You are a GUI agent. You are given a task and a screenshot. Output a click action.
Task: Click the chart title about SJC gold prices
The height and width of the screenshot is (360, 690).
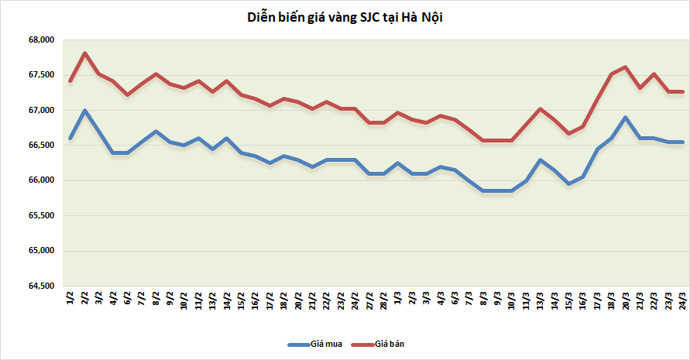coord(344,17)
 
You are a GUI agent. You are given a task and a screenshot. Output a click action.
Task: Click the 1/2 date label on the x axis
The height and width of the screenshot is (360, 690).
coord(71,299)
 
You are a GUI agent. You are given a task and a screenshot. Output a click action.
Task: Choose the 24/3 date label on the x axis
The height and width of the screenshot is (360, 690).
coord(681,299)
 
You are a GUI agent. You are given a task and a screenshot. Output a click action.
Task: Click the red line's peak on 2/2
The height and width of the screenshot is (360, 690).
coord(84,53)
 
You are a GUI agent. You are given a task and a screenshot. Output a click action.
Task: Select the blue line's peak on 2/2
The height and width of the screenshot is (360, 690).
coord(84,111)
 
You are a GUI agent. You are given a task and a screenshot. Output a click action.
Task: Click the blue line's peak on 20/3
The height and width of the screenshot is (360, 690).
coord(626,118)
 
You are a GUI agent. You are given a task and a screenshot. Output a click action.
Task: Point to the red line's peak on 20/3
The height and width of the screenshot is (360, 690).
coord(626,67)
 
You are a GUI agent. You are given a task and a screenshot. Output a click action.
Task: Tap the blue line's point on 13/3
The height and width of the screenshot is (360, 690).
coord(541,160)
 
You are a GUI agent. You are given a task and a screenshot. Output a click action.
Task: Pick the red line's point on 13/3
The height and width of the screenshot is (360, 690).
coord(541,109)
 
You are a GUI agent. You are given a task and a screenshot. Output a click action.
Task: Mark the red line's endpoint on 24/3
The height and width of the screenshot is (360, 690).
coord(682,92)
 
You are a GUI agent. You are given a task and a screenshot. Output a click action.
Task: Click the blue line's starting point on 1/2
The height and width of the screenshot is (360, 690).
coord(70,139)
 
